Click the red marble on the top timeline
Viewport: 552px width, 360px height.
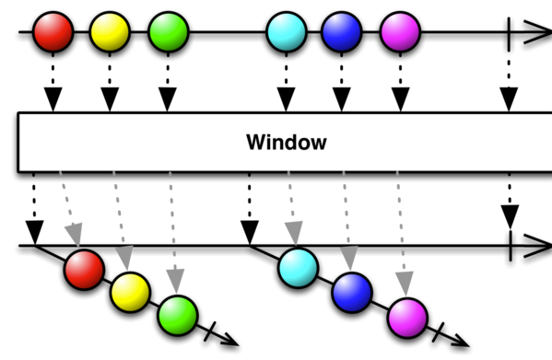click(x=53, y=32)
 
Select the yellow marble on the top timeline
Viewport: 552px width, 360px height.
click(x=110, y=32)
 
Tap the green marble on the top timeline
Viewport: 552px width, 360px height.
click(x=169, y=32)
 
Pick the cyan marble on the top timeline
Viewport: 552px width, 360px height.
click(x=287, y=32)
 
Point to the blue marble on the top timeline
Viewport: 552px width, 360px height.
click(x=342, y=32)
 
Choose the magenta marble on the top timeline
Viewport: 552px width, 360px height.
click(x=400, y=32)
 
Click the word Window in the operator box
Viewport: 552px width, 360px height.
click(x=287, y=143)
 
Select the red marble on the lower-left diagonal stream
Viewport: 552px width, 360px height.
click(x=84, y=270)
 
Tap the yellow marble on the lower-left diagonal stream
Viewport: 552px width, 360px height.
click(x=130, y=292)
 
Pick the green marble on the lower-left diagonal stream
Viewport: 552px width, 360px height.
click(x=178, y=316)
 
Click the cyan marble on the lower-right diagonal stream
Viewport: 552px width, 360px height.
click(x=299, y=268)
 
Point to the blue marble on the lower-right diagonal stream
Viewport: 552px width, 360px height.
click(x=352, y=293)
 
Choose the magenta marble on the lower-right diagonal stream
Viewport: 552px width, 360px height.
click(x=407, y=318)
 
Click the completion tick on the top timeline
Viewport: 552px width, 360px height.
click(x=509, y=34)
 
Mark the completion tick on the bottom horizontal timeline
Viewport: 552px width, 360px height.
click(x=511, y=246)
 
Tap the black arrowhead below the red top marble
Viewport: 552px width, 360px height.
click(x=53, y=99)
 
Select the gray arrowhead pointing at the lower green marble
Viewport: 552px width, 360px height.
click(x=176, y=281)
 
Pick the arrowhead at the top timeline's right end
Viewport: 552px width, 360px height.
click(x=538, y=32)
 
